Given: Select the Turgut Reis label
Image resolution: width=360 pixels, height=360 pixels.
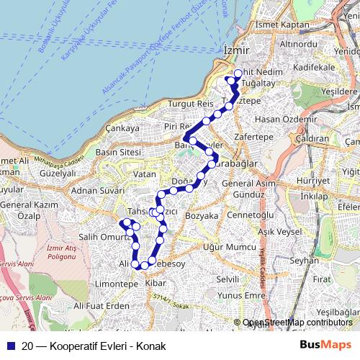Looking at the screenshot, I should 186,104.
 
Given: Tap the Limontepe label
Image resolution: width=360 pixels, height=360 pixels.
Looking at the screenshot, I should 111,284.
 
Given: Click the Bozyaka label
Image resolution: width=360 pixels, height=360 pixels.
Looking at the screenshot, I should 202,215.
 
